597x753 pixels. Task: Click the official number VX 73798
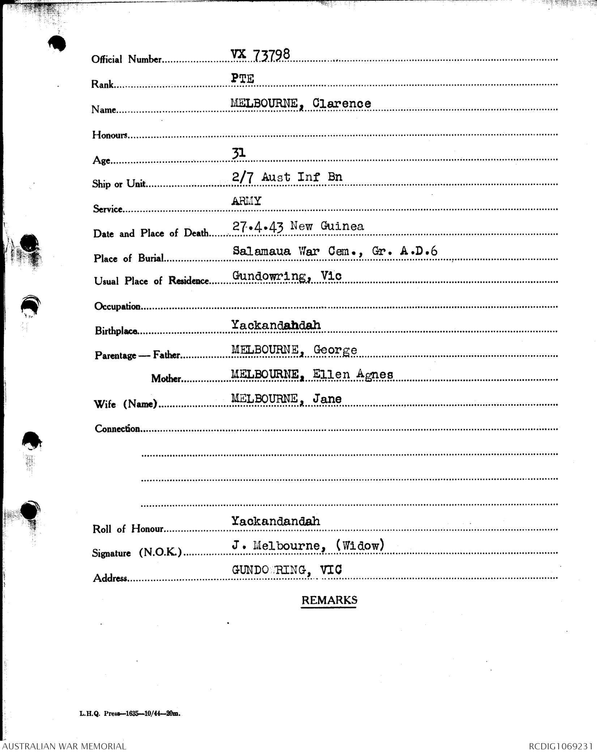tap(260, 55)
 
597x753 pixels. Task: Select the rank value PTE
tap(242, 78)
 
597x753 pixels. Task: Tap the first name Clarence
tap(342, 103)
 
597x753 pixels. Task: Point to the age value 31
tap(239, 153)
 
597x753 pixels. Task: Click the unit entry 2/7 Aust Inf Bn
tap(287, 177)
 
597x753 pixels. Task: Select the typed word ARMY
tap(246, 201)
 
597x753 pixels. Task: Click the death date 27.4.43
tap(257, 226)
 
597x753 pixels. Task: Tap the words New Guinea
tap(327, 226)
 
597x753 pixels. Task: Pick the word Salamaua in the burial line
tap(261, 251)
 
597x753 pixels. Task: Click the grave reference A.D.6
tap(419, 251)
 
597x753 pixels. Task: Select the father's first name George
tap(335, 350)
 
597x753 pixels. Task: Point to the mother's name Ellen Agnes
tap(353, 374)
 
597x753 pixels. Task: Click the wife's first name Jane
tap(327, 399)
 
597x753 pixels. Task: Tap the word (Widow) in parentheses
tap(360, 545)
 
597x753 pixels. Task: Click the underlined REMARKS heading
tap(329, 600)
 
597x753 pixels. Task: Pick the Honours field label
tap(110, 135)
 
